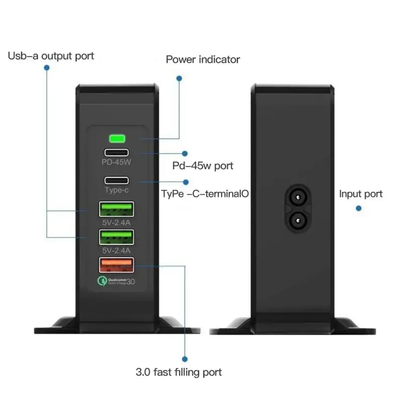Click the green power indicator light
click(x=117, y=138)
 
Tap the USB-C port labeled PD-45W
click(x=117, y=152)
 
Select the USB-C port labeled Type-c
click(x=117, y=180)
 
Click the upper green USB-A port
click(x=117, y=209)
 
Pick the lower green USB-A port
click(x=117, y=237)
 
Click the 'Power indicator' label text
click(x=203, y=60)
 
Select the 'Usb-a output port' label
click(x=50, y=56)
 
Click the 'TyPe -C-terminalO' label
click(x=205, y=193)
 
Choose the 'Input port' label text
click(x=361, y=194)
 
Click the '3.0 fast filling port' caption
click(x=179, y=373)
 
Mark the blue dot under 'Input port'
click(x=359, y=208)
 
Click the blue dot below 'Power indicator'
click(x=179, y=78)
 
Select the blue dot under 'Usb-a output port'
click(x=46, y=67)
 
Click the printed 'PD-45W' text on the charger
click(x=117, y=163)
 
